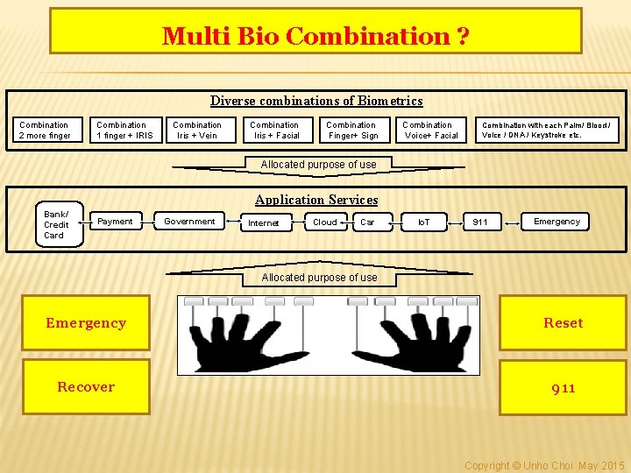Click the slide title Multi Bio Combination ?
click(x=315, y=36)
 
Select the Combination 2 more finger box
click(x=45, y=131)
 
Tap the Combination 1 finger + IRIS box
click(x=124, y=131)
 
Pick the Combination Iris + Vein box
click(x=197, y=131)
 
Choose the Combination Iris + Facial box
click(x=275, y=131)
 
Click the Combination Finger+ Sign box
click(x=352, y=131)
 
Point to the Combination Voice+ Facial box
click(x=430, y=131)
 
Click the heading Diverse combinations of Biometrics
click(x=316, y=101)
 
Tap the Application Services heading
click(x=316, y=200)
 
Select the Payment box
click(x=115, y=222)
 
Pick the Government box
click(x=189, y=222)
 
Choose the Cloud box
click(x=325, y=222)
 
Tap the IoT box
click(x=424, y=222)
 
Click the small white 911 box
click(x=481, y=222)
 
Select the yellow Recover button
click(x=86, y=387)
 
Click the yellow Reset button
click(x=563, y=323)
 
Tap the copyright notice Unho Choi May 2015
click(x=544, y=465)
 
